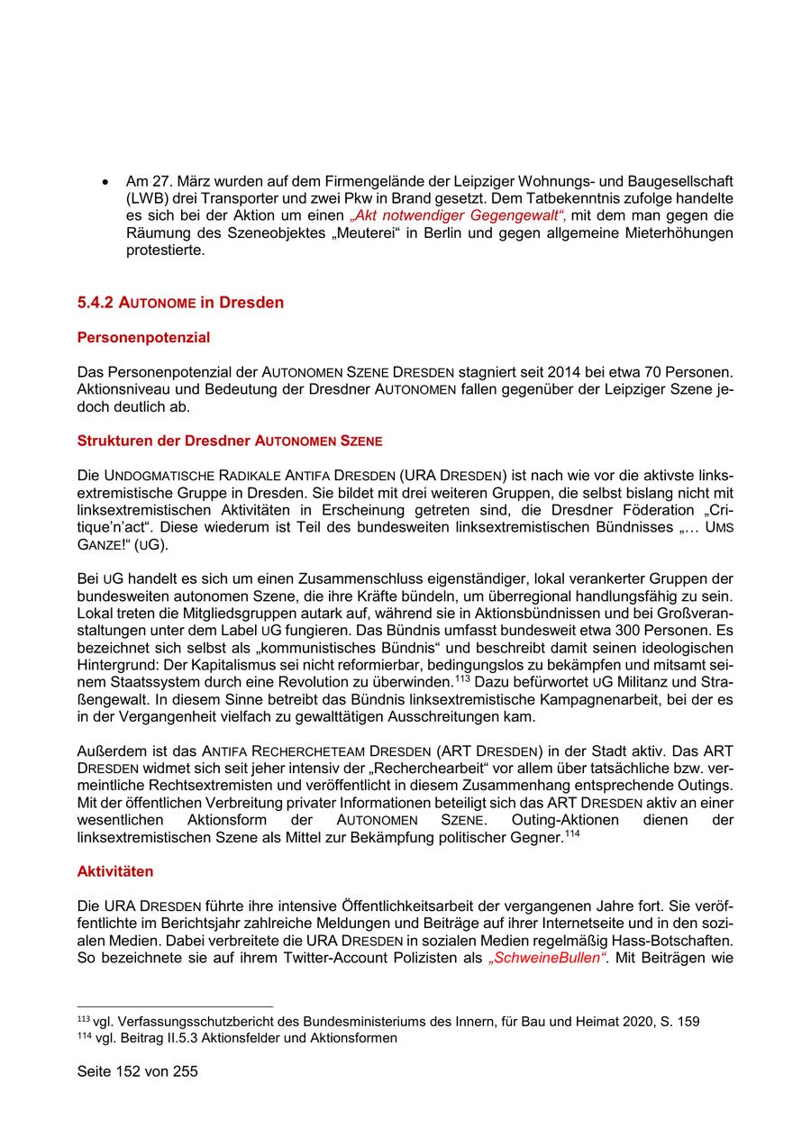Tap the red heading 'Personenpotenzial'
coord(143,338)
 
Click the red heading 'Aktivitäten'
coord(115,871)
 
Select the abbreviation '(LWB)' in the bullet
coord(147,198)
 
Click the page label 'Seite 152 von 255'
coord(137,1071)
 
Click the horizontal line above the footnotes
coord(175,1006)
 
